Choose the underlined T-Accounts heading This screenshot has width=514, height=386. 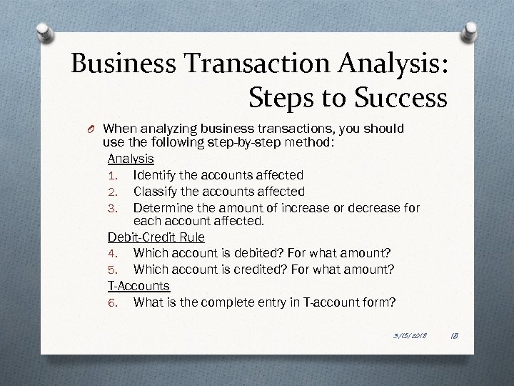[138, 285]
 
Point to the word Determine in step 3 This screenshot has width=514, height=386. [163, 208]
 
